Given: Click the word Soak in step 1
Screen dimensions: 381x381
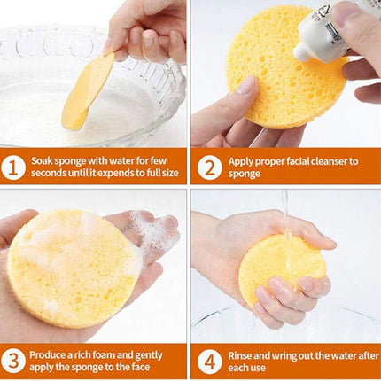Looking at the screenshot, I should tap(43, 161).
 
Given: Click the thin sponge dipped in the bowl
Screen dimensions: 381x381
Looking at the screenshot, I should tap(86, 89).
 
